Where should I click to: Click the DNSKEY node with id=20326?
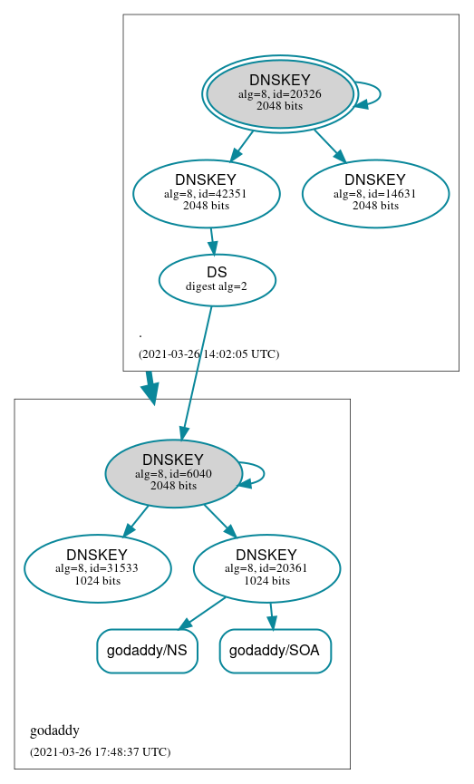(x=279, y=93)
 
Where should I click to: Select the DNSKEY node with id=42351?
(x=206, y=192)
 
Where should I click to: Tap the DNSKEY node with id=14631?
(x=375, y=192)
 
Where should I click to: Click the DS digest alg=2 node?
(x=217, y=279)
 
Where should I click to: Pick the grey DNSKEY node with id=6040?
(x=172, y=473)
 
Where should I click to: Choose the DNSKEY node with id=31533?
(x=97, y=568)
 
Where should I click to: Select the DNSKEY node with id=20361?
(x=266, y=568)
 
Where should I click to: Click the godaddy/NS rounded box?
(x=147, y=651)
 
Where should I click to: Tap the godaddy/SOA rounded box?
(x=276, y=651)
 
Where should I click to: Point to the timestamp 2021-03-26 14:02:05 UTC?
(x=208, y=353)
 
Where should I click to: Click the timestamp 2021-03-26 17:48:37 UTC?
(x=100, y=751)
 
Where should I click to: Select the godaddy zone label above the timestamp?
(x=54, y=731)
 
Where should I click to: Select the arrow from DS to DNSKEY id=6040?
(x=197, y=373)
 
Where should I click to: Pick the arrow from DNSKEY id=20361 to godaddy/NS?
(x=202, y=613)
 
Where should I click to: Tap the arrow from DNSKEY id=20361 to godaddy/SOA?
(x=271, y=615)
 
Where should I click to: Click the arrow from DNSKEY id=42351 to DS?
(x=213, y=241)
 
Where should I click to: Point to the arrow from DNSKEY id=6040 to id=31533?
(x=136, y=520)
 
